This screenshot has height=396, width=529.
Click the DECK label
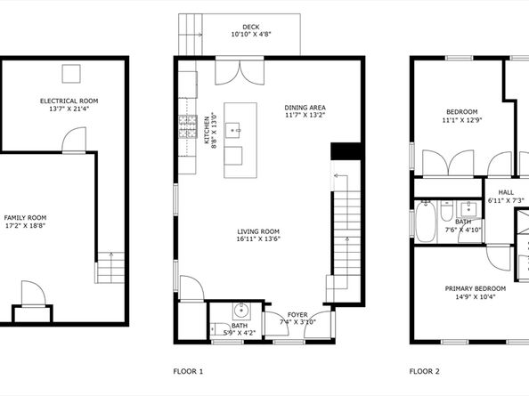point(251,27)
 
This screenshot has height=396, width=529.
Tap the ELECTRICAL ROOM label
point(69,101)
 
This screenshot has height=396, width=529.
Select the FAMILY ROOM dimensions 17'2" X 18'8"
point(25,225)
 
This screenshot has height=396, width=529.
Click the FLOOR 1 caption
point(188,371)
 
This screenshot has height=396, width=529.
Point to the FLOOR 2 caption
point(425,371)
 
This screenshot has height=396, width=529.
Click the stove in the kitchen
point(188,126)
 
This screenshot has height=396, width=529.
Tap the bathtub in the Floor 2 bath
point(425,222)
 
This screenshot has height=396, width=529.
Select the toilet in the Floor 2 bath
point(446,211)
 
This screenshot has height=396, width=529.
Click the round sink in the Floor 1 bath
point(241,311)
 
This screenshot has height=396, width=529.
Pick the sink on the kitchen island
point(232,131)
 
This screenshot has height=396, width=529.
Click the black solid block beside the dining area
point(346,151)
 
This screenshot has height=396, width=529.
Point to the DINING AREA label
point(305,108)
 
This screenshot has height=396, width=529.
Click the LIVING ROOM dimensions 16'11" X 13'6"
point(258,239)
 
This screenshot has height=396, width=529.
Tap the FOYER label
point(297,315)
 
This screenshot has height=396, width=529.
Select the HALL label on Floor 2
point(506,192)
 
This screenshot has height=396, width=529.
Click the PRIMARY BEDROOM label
point(476,289)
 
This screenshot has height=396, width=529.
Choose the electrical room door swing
point(74,140)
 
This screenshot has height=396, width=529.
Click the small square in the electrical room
point(71,74)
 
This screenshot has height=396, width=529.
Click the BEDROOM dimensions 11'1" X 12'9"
point(462,120)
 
